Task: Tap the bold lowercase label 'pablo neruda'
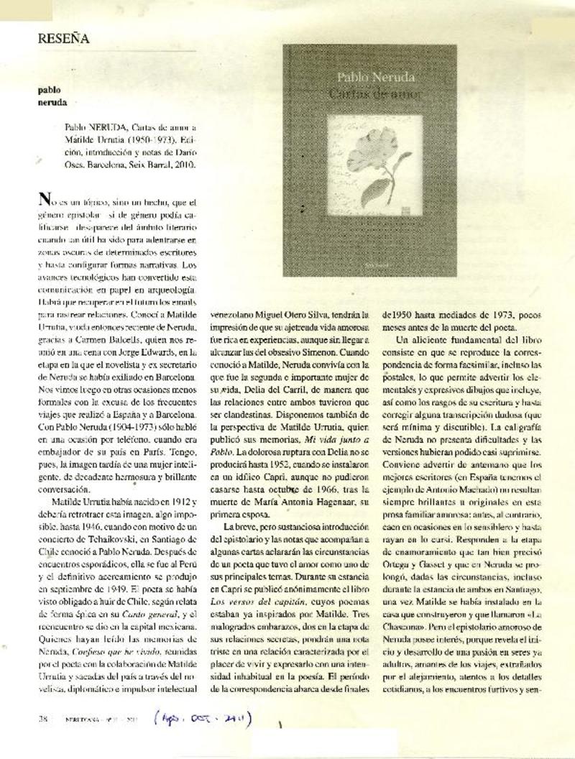50,96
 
